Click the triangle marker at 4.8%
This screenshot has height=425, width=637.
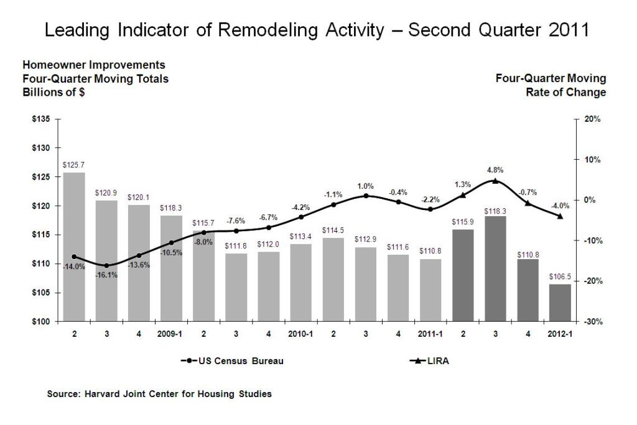pos(495,181)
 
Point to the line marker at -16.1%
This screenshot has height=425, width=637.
pos(106,265)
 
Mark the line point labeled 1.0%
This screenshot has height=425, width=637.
pos(366,196)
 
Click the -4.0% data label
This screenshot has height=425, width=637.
pos(559,206)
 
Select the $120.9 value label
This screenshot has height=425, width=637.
pos(106,193)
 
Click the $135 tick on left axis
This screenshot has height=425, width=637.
pos(42,119)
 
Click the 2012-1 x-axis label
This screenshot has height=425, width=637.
pos(559,334)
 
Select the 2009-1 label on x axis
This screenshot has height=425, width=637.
pos(171,334)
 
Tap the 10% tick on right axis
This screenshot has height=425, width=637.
pos(592,160)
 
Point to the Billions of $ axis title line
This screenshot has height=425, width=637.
pos(54,93)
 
